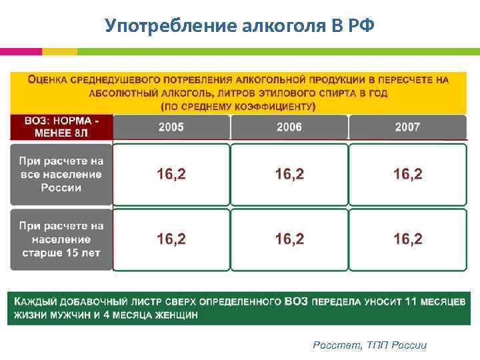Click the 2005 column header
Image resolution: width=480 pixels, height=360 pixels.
coord(171,127)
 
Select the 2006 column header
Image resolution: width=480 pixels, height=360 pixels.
coord(289,127)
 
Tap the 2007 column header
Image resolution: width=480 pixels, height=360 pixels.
coord(407,127)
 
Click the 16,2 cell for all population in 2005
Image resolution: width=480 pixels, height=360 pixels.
coord(171,175)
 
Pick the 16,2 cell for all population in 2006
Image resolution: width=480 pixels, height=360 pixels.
coord(289,175)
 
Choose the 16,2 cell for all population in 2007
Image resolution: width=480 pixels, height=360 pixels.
coord(407,175)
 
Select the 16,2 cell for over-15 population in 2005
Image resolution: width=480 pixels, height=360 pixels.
coord(171,239)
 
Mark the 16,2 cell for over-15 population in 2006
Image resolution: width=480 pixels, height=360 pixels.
coord(289,239)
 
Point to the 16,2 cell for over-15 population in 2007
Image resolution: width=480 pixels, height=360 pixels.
coord(407,239)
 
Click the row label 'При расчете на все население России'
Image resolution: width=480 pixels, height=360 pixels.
coord(61,174)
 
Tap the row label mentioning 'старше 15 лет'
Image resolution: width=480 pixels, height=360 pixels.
coord(61,239)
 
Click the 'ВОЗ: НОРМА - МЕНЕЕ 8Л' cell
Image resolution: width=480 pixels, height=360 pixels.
coord(61,127)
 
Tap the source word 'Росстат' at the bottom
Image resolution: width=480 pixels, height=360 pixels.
coord(337,345)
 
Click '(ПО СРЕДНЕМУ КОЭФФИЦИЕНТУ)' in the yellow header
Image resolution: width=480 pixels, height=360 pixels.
coord(238,106)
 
